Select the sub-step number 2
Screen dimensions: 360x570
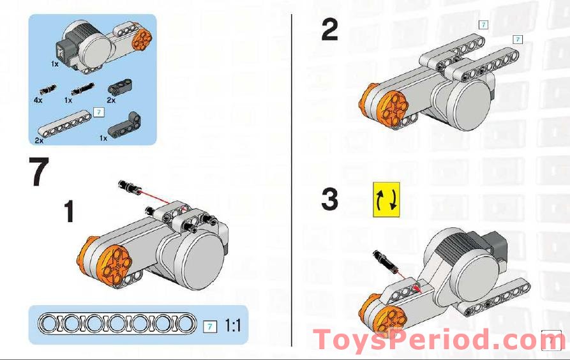click(329, 29)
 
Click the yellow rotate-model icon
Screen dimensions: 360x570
click(386, 199)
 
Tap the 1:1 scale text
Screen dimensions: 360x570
click(232, 326)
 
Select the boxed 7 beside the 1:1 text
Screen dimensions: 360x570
click(209, 326)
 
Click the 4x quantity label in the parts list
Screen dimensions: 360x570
click(38, 100)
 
